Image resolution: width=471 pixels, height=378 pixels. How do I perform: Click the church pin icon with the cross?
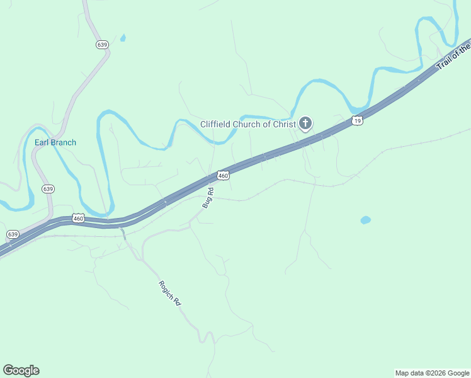[305, 123]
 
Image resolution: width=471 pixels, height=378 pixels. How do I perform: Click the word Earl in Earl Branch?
[42, 142]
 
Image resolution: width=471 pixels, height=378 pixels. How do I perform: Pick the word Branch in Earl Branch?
[64, 142]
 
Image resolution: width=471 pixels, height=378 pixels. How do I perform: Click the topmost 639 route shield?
[103, 45]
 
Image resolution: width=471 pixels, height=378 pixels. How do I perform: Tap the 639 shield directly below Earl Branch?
[48, 188]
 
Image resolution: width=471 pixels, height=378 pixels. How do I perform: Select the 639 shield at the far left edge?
[13, 234]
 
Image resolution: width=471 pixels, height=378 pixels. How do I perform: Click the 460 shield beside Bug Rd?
[223, 175]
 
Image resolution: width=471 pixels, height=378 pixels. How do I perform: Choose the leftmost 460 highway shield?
[78, 219]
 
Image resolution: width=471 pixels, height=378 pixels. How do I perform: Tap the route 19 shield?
[358, 120]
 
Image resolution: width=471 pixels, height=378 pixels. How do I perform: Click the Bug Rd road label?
[208, 198]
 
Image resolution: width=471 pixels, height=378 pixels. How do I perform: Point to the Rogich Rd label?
[170, 294]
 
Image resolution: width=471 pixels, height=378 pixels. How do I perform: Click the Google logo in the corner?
[21, 370]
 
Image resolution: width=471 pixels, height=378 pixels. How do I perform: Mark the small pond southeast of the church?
[365, 220]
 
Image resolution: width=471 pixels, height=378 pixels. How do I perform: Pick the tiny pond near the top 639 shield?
[123, 38]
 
